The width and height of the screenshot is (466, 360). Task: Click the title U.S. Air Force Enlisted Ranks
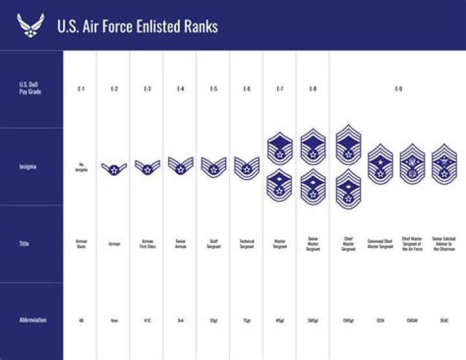tap(137, 26)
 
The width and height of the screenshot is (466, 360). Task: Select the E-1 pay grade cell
tap(81, 88)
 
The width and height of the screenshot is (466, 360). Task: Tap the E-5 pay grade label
tap(214, 88)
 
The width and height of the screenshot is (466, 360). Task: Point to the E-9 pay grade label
tap(397, 88)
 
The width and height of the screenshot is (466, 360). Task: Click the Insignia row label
tap(28, 166)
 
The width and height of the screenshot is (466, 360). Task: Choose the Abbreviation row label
tap(32, 320)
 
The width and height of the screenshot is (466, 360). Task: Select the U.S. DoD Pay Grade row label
tap(30, 88)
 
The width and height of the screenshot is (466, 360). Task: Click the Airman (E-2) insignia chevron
tap(114, 168)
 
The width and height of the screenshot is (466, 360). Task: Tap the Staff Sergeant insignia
tap(214, 167)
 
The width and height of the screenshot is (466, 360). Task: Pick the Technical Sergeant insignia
tap(247, 168)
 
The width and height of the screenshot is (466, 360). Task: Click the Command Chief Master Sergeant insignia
tap(380, 165)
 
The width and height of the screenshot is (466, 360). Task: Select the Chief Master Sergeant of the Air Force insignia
tap(412, 164)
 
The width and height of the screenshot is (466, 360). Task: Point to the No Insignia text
tap(81, 166)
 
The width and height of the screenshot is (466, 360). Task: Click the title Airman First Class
tap(147, 244)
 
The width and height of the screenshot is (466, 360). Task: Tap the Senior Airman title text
tap(181, 244)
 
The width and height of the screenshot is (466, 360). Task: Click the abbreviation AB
tap(81, 320)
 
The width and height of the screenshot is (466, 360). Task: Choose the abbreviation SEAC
tap(444, 320)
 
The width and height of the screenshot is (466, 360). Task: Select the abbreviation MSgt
tap(280, 320)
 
